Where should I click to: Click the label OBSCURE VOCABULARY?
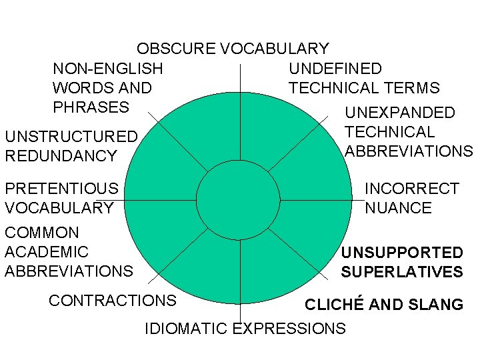(x=233, y=49)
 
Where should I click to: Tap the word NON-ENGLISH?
(x=107, y=69)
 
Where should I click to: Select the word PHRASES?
(x=90, y=107)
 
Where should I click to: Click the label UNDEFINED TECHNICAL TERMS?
(x=364, y=78)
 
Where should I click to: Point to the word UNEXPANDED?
(x=399, y=113)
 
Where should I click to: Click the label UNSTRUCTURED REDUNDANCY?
(x=71, y=146)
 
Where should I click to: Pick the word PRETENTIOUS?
(x=61, y=189)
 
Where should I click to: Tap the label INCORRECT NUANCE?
(x=411, y=198)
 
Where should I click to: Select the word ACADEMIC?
(x=46, y=252)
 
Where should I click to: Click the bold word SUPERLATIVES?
(x=401, y=272)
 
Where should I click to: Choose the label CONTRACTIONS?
(x=112, y=301)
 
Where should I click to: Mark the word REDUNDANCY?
(x=61, y=156)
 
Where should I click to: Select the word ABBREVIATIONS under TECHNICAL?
(x=409, y=151)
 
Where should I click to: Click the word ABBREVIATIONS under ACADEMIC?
(x=69, y=271)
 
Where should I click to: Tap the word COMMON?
(x=42, y=233)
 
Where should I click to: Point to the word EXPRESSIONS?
(x=289, y=328)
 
